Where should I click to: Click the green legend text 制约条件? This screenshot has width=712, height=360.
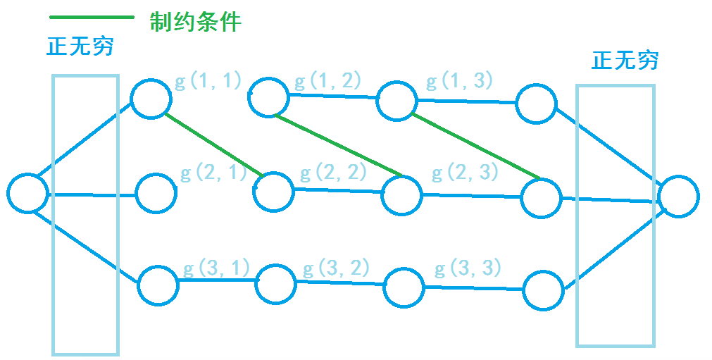[195, 22]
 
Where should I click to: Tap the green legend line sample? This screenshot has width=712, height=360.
[92, 17]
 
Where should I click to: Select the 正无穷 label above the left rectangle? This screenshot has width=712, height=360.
[80, 47]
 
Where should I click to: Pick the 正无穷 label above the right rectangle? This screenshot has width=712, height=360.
[625, 61]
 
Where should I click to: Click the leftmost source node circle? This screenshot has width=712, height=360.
[27, 192]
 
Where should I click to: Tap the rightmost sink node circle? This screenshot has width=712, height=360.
[678, 197]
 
